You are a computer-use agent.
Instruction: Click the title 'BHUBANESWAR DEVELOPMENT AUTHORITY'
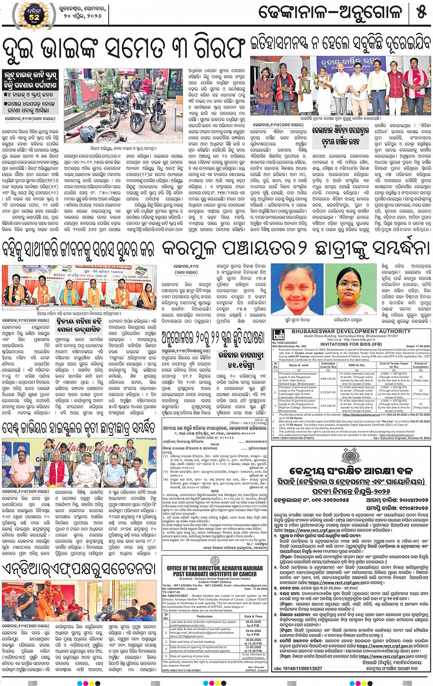click(351, 331)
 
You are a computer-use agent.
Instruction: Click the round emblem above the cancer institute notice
click(214, 561)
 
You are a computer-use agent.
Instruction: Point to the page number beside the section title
click(421, 12)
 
